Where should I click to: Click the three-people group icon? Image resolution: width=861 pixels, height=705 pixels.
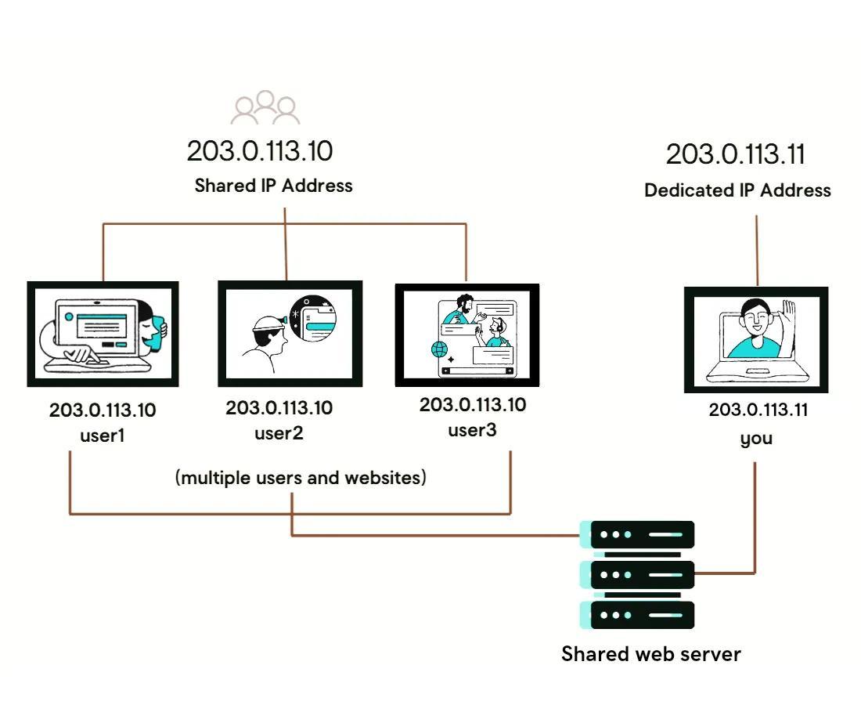(265, 108)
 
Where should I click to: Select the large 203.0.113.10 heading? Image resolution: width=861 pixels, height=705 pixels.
(260, 151)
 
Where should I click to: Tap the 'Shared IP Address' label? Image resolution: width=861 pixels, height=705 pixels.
(273, 186)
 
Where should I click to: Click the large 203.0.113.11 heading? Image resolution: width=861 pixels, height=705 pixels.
(735, 154)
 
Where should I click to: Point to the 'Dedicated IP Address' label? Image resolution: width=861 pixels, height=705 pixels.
(737, 190)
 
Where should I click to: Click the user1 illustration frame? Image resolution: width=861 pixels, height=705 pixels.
(103, 334)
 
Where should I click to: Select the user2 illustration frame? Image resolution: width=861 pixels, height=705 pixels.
(290, 334)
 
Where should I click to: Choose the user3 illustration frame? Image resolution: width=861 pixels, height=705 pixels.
(467, 335)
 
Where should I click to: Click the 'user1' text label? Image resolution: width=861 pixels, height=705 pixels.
(103, 435)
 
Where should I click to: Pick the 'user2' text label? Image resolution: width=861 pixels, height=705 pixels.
(279, 432)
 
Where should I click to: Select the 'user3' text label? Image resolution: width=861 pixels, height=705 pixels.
(472, 430)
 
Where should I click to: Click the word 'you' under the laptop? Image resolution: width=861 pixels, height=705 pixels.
(756, 438)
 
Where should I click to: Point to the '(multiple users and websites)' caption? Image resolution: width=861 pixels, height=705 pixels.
(301, 477)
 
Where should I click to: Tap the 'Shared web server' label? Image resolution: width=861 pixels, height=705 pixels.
(650, 654)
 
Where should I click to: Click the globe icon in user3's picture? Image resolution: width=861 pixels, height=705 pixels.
(439, 349)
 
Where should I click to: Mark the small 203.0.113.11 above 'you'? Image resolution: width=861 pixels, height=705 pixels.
(758, 410)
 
